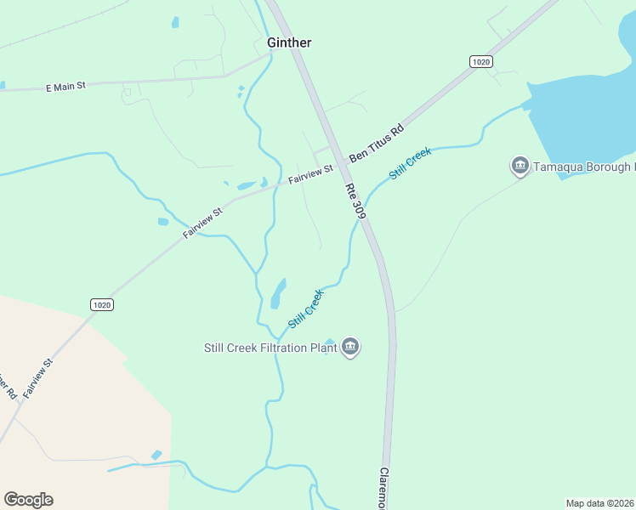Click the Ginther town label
pyautogui.click(x=289, y=42)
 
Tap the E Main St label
pyautogui.click(x=65, y=86)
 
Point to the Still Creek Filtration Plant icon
pyautogui.click(x=350, y=347)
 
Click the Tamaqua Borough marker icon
pyautogui.click(x=520, y=167)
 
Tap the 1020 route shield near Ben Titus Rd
pyautogui.click(x=481, y=61)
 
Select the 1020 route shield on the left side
pyautogui.click(x=101, y=304)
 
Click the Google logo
pyautogui.click(x=28, y=500)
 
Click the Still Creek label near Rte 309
pyautogui.click(x=411, y=163)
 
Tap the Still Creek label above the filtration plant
pyautogui.click(x=306, y=309)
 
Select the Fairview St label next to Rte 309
pyautogui.click(x=310, y=176)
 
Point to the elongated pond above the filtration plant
pyautogui.click(x=278, y=293)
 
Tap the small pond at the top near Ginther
pyautogui.click(x=175, y=23)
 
